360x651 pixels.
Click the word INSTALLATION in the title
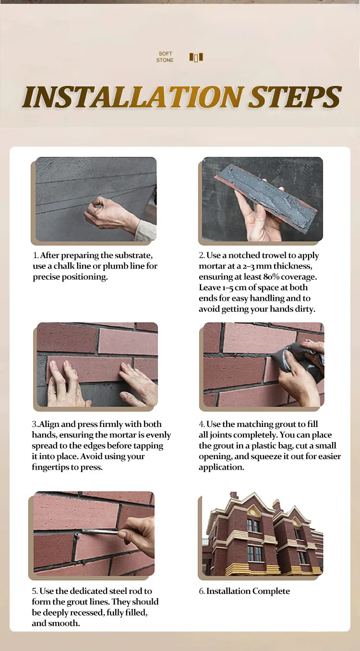[133, 97]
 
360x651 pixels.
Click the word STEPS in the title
[295, 97]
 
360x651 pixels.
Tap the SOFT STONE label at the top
[165, 57]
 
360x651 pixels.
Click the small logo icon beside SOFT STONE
[196, 57]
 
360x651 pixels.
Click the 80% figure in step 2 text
[271, 277]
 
